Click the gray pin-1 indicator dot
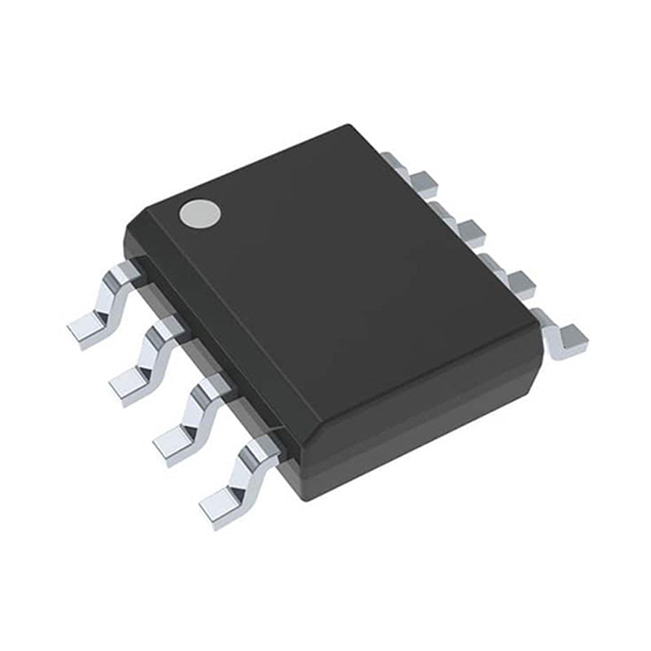[200, 213]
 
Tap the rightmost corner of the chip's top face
[537, 325]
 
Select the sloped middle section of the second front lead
[154, 351]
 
